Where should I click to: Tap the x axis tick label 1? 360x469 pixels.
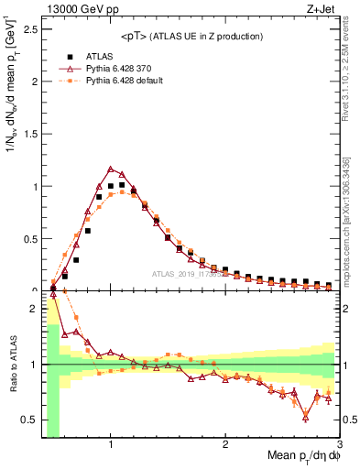[111, 445]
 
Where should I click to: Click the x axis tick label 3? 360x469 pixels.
[338, 445]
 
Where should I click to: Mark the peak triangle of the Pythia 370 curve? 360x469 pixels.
[111, 169]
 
